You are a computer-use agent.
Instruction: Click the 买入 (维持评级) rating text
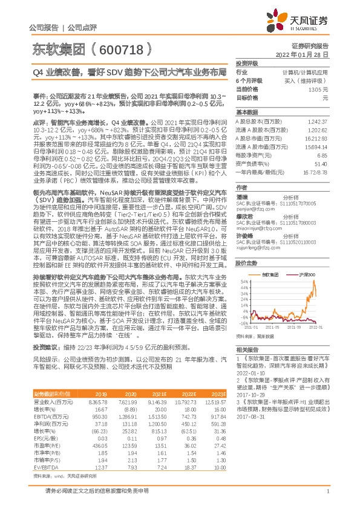pos(318,80)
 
